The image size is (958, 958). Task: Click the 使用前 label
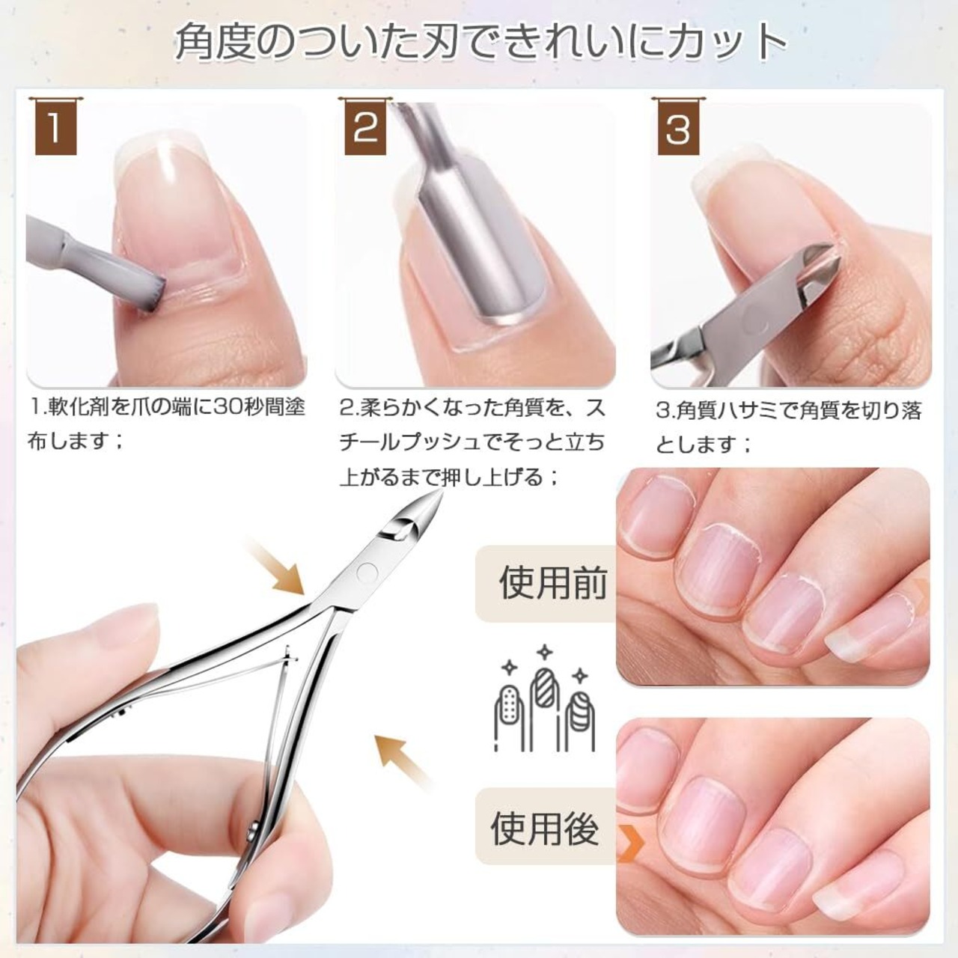(553, 583)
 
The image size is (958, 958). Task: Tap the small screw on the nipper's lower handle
(252, 830)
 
